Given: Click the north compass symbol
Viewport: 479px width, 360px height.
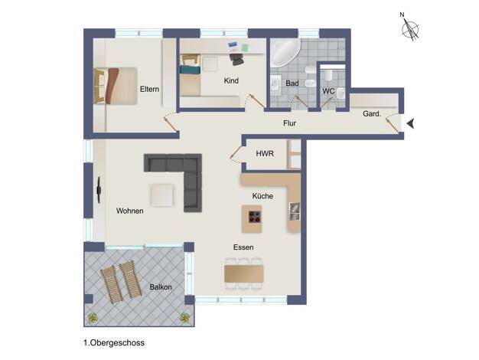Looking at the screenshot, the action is pyautogui.click(x=409, y=28).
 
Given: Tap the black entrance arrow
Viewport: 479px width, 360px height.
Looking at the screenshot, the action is pyautogui.click(x=411, y=123).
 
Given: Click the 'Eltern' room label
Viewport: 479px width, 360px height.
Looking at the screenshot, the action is pyautogui.click(x=149, y=90).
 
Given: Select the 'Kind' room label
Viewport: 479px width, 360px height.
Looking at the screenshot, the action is pyautogui.click(x=231, y=80).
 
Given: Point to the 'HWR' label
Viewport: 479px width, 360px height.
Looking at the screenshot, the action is pyautogui.click(x=265, y=153).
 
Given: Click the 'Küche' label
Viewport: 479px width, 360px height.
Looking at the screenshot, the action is pyautogui.click(x=262, y=196).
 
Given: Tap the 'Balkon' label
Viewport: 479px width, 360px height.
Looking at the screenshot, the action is pyautogui.click(x=161, y=287).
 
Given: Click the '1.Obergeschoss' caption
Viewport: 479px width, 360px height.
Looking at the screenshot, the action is pyautogui.click(x=114, y=343).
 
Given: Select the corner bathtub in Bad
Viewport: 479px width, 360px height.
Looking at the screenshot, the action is pyautogui.click(x=285, y=52).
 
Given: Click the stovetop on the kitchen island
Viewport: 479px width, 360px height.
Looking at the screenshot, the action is pyautogui.click(x=255, y=217).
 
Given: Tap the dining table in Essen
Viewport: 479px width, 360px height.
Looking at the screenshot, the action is pyautogui.click(x=244, y=273).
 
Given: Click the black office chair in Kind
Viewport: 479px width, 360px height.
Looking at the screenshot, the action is pyautogui.click(x=236, y=59).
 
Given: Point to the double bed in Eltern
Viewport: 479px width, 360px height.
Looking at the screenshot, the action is pyautogui.click(x=116, y=86).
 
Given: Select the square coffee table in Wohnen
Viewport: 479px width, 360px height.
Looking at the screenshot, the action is pyautogui.click(x=162, y=195).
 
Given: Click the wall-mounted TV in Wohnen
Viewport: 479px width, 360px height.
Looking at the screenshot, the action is pyautogui.click(x=99, y=190).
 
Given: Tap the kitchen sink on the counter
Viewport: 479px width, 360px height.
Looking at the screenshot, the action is pyautogui.click(x=295, y=211).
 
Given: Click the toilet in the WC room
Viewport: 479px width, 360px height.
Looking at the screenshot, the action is pyautogui.click(x=328, y=75).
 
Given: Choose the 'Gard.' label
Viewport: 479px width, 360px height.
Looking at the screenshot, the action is pyautogui.click(x=372, y=114).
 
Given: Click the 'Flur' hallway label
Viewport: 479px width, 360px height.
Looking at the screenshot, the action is pyautogui.click(x=289, y=123).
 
